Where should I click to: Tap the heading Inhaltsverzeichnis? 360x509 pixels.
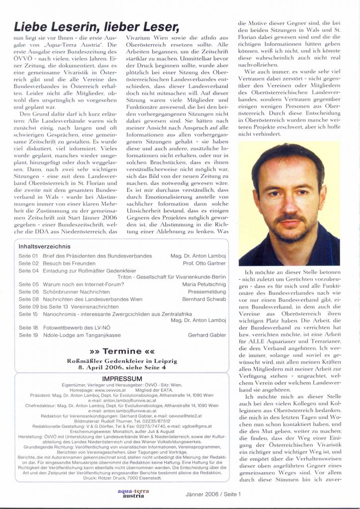pos(44,246)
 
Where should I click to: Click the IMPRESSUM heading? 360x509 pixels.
pos(122,379)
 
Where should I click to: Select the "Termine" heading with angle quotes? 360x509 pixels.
pos(121,352)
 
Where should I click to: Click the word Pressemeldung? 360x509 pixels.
pos(206,292)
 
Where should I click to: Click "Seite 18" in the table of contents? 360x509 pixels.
pos(28,328)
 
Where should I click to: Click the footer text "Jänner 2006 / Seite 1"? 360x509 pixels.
pos(213,495)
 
